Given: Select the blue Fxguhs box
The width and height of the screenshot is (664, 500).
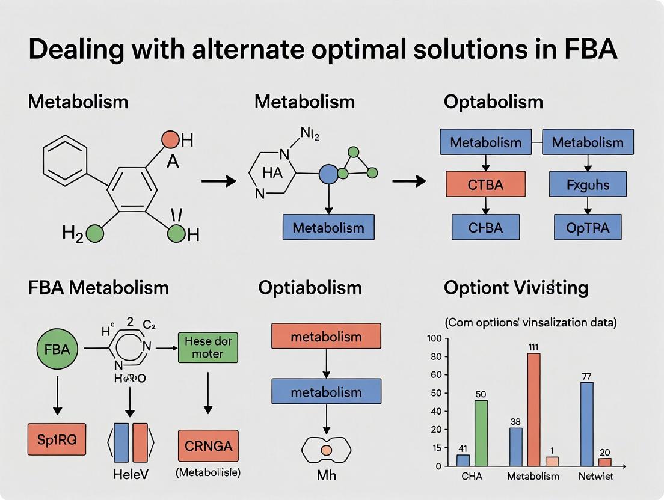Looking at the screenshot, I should coord(588,184).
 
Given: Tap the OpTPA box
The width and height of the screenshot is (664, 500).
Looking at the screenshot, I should coord(588,228).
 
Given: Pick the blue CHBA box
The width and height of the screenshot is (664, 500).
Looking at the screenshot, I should coord(485,228).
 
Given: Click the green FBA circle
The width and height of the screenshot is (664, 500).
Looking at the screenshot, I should coord(58,348).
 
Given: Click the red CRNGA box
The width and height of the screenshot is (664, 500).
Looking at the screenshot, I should coord(208,447).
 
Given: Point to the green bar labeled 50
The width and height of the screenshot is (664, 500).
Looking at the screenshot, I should coord(481,433).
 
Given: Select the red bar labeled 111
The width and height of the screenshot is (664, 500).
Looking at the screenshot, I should coord(533,409).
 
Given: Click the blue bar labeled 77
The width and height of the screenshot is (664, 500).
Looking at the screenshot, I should coord(586,424).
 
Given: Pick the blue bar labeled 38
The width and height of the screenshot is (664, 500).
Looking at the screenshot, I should coord(515,447).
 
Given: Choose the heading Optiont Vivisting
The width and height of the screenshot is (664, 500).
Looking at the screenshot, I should coord(515,288).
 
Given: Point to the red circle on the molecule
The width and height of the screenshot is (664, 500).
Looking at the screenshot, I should coord(171,140).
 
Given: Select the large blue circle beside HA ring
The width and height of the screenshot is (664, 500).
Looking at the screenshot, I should coord(328,175).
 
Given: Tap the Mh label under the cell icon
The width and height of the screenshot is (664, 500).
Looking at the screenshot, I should coord(327,475).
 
